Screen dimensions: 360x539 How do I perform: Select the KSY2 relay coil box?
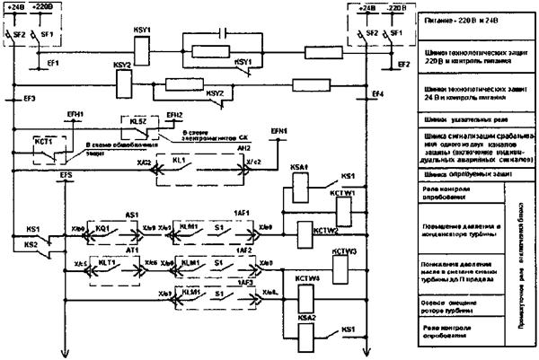click(124, 82)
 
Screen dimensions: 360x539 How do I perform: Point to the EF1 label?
click(54, 65)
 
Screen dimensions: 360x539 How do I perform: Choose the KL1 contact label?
click(179, 160)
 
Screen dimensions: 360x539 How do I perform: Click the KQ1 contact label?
click(102, 229)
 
